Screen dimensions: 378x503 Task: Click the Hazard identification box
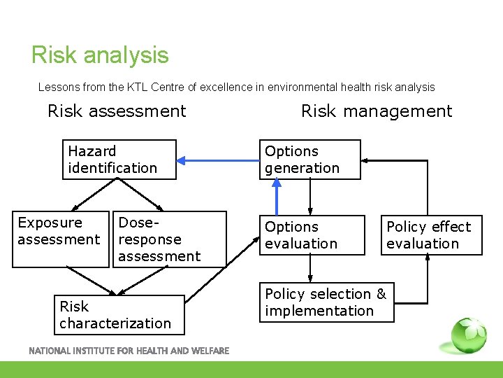click(x=119, y=160)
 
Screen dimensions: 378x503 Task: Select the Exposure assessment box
click(x=61, y=239)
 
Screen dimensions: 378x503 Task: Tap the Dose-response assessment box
click(x=170, y=239)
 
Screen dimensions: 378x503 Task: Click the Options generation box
click(x=310, y=160)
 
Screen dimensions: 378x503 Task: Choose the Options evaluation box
click(x=312, y=235)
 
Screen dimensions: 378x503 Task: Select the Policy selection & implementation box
click(x=326, y=302)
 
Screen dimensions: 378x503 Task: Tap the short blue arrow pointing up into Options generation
click(x=277, y=196)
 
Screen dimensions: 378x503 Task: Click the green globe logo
click(x=469, y=337)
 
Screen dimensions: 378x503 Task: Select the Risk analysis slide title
click(x=100, y=55)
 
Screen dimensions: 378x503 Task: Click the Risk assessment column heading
click(x=117, y=111)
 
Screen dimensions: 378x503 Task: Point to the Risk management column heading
click(x=377, y=111)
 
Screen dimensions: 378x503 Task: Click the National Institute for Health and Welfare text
click(x=129, y=351)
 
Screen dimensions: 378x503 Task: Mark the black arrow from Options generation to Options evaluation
click(x=310, y=197)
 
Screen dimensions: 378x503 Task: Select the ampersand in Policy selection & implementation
click(x=380, y=294)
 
